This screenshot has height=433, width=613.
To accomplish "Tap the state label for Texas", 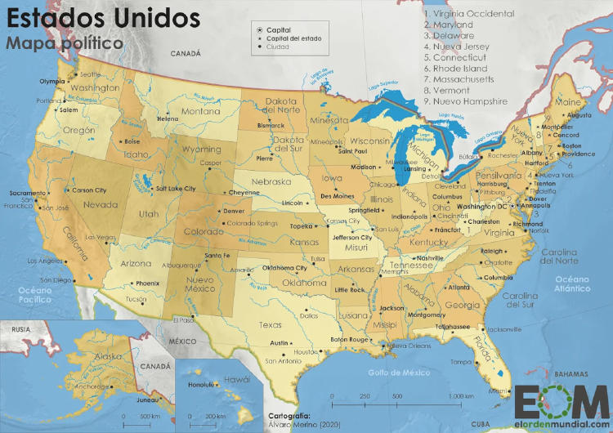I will point(270,324).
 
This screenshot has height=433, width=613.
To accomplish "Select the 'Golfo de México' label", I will point(399,372).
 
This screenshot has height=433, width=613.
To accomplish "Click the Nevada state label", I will point(101,205).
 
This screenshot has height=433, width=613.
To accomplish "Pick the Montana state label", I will point(200,111).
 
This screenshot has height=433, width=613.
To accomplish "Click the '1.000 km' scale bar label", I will point(461,395).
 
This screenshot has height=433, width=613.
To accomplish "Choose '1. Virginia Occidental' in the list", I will point(468,14).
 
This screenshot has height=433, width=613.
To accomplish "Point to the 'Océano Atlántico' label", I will point(571,283).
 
